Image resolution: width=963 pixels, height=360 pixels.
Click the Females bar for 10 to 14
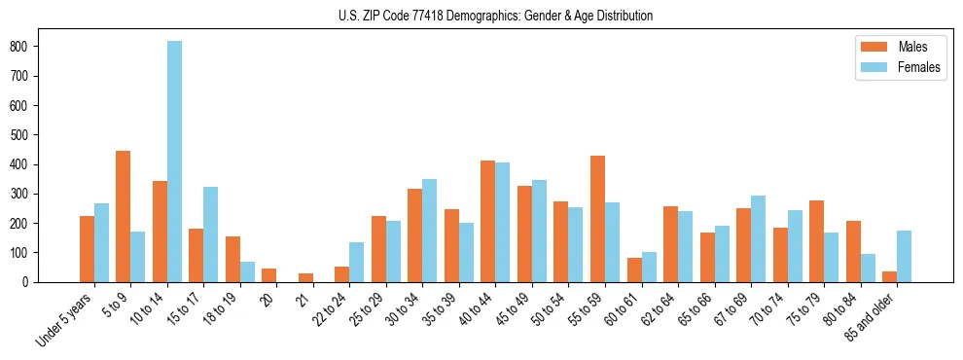click(x=175, y=162)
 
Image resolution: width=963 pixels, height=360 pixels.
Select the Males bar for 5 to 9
click(x=124, y=216)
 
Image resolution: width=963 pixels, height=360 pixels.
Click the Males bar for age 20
click(x=269, y=275)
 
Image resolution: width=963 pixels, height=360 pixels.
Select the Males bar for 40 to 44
click(x=488, y=221)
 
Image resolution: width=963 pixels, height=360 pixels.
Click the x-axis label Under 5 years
click(x=66, y=319)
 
